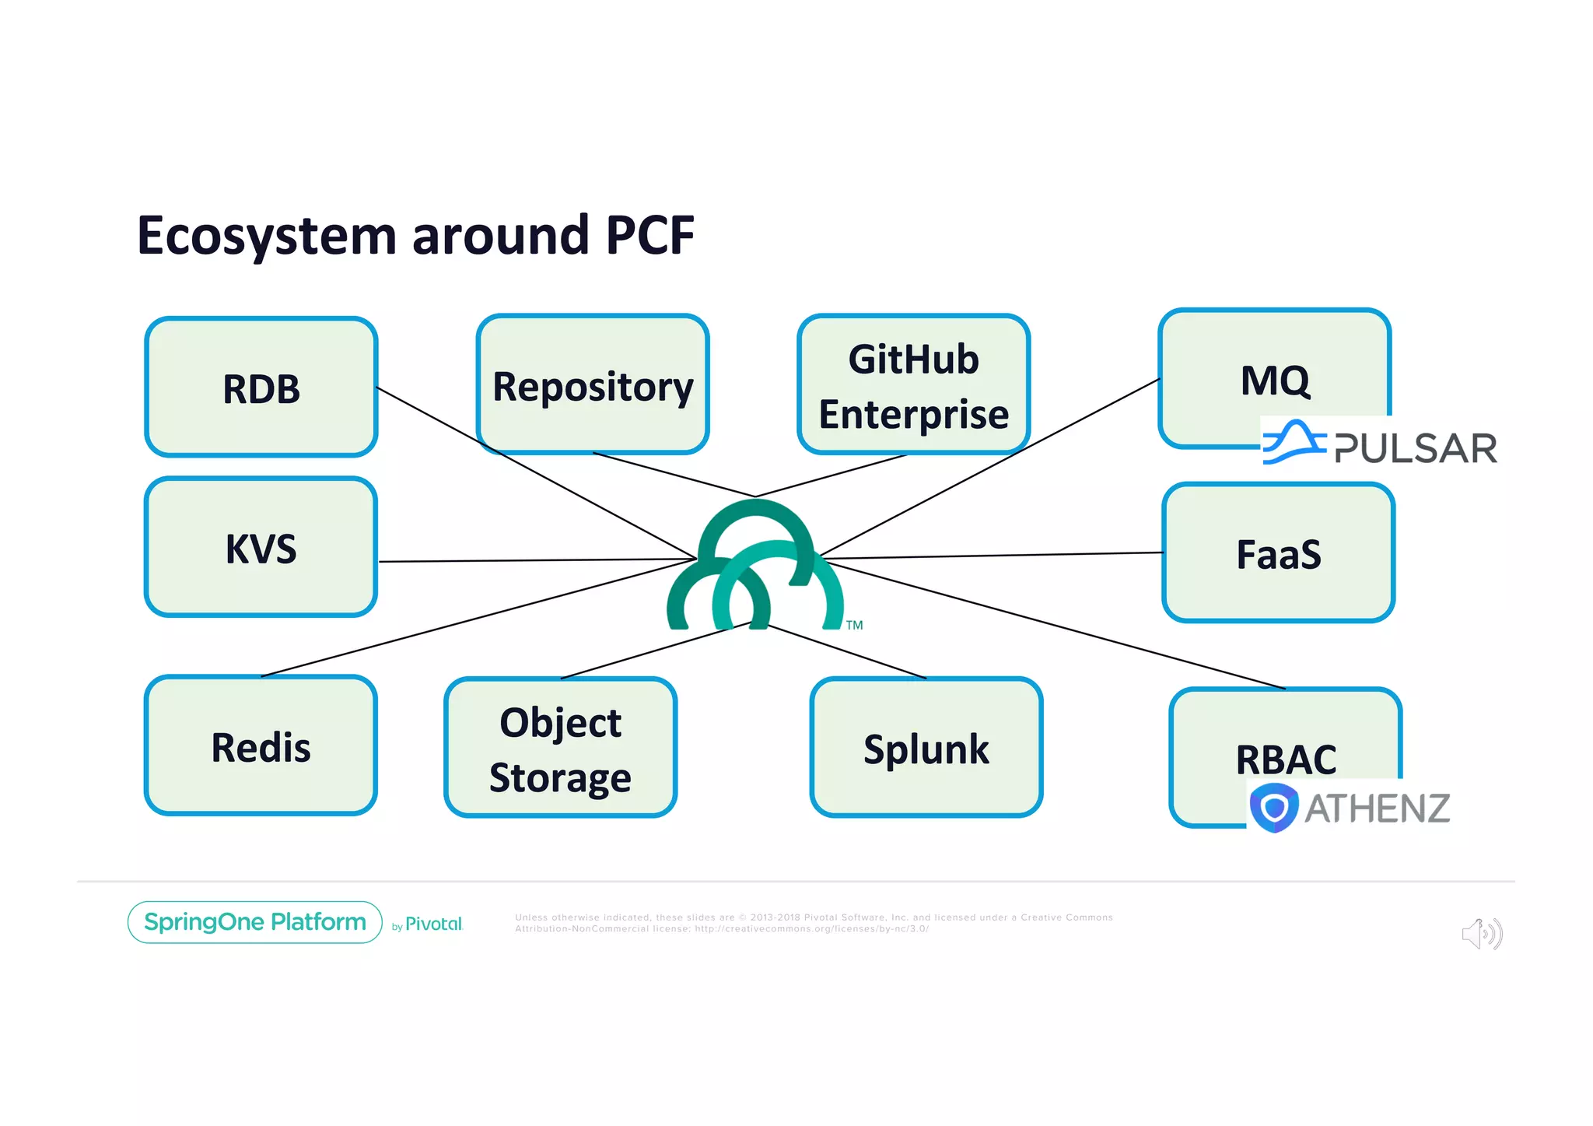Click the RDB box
tap(261, 388)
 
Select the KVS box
tap(261, 548)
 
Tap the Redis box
tap(261, 746)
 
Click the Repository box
tap(593, 385)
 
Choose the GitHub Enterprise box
tap(913, 385)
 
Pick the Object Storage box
tap(560, 748)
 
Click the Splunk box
tap(926, 748)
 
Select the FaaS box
tap(1278, 553)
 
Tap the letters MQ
tap(1274, 381)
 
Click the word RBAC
tap(1286, 759)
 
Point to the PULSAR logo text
tap(1415, 448)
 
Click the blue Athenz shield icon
tap(1273, 808)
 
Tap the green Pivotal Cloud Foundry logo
tap(754, 567)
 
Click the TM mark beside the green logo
tap(854, 625)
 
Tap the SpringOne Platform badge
tap(254, 922)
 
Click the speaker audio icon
tap(1482, 933)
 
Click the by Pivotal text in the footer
tap(427, 924)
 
